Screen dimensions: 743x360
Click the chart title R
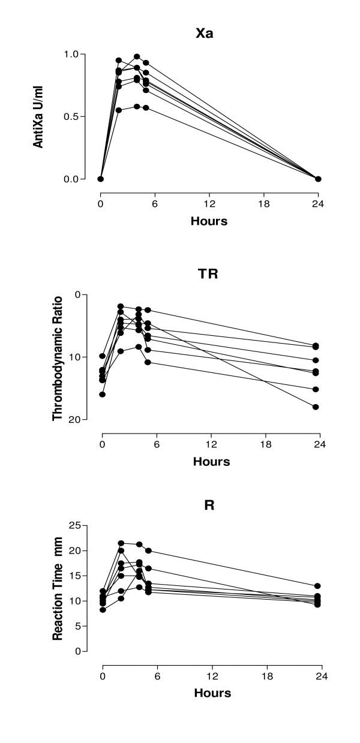click(209, 505)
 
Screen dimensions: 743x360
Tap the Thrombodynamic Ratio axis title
click(58, 356)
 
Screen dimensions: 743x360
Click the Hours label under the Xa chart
click(209, 221)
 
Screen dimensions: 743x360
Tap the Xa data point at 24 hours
click(318, 179)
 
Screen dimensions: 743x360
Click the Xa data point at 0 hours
click(101, 179)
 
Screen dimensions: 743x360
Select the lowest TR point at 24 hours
click(316, 407)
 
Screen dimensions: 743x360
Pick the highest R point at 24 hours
click(317, 586)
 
